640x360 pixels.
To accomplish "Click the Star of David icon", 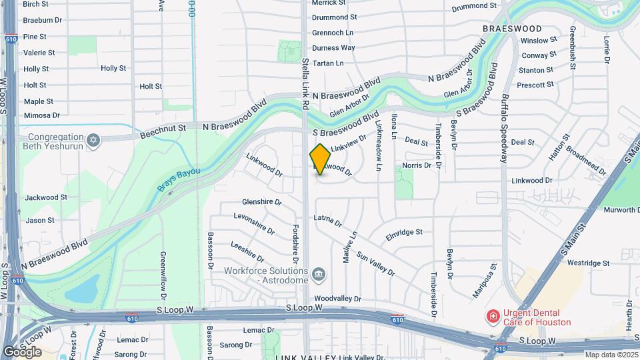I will pyautogui.click(x=94, y=139).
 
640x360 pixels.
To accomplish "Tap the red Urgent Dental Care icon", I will pyautogui.click(x=493, y=316).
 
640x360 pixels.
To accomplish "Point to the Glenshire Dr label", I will pyautogui.click(x=262, y=202).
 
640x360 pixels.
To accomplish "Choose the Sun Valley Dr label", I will pyautogui.click(x=375, y=264).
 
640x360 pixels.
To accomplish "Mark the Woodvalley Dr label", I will pyautogui.click(x=337, y=299).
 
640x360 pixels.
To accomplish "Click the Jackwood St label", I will pyautogui.click(x=46, y=197).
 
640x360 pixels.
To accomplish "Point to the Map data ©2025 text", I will pyautogui.click(x=611, y=355).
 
